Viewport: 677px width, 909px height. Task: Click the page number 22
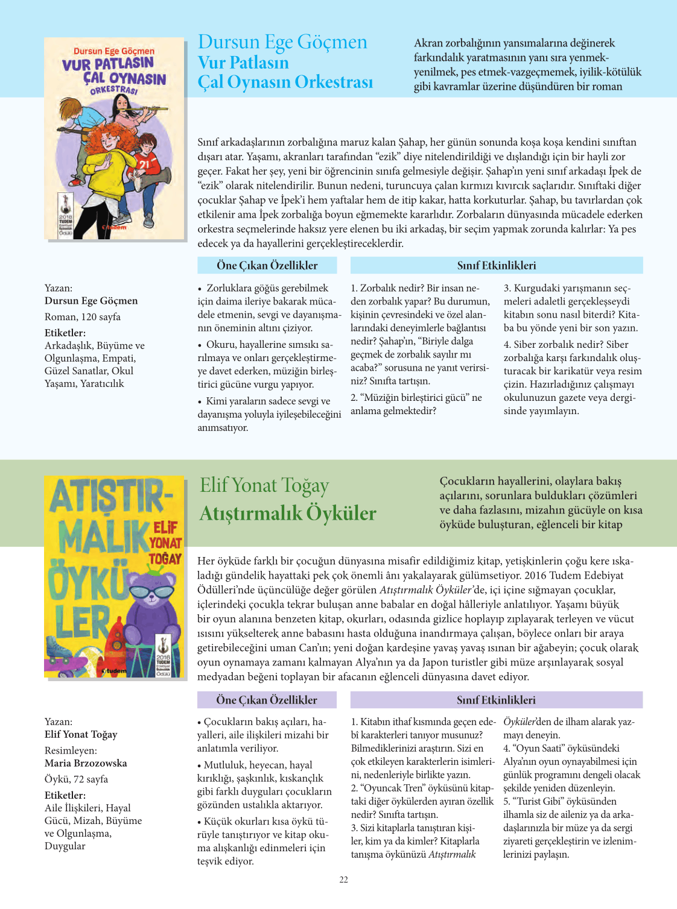tap(343, 879)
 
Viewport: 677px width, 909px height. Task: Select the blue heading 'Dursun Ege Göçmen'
tap(282, 42)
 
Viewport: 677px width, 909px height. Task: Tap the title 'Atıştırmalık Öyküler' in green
tap(288, 513)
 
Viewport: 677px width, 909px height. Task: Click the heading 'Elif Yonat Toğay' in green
tap(264, 485)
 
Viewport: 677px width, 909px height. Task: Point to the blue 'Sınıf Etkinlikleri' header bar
tap(496, 265)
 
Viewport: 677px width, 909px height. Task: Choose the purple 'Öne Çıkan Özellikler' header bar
tap(267, 700)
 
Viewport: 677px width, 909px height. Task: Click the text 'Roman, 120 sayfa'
tap(83, 316)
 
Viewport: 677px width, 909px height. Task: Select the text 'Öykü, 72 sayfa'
tap(76, 779)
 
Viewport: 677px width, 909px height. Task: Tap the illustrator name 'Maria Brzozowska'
tap(86, 763)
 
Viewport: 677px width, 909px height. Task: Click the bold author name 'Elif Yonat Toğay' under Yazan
tap(81, 734)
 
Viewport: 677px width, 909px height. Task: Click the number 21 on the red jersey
tap(145, 163)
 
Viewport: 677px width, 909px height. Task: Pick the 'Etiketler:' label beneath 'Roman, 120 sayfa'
tap(65, 333)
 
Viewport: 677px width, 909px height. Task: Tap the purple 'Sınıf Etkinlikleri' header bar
tap(496, 700)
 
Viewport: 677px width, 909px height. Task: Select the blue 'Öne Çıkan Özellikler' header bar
tap(267, 265)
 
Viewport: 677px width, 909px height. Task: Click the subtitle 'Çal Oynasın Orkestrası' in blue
tap(285, 82)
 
